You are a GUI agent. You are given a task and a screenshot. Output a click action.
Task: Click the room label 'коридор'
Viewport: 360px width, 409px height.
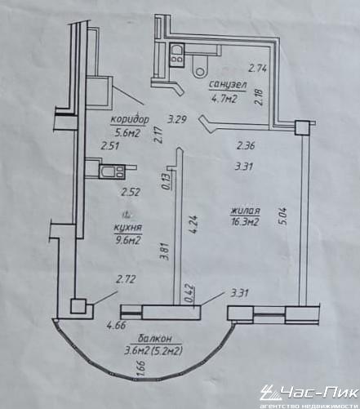[x=130, y=119]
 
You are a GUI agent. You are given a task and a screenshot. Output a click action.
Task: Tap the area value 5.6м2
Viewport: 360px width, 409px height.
[x=127, y=133]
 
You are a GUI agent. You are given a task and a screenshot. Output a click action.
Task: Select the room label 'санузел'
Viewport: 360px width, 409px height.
[x=228, y=85]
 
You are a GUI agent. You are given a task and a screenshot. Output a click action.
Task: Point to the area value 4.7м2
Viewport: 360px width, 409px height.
[x=224, y=98]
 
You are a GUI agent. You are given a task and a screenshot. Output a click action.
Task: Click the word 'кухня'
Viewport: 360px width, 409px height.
[x=128, y=228]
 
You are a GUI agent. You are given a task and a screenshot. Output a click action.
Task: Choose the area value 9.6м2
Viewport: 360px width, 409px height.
[x=127, y=241]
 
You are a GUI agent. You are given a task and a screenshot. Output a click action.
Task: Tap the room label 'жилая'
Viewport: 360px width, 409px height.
[x=246, y=211]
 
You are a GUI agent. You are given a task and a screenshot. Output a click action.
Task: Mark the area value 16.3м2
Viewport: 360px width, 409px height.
[x=244, y=222]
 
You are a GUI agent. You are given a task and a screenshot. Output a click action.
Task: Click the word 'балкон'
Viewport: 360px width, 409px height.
[x=155, y=338]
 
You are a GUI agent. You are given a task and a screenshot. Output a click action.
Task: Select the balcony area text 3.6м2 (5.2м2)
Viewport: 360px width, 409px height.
[x=153, y=351]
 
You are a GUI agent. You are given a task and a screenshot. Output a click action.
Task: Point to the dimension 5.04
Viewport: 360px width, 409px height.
[x=282, y=216]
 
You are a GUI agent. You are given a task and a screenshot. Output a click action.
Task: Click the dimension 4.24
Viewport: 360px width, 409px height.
[x=193, y=225]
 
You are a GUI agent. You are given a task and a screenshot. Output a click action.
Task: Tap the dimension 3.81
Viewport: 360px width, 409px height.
[x=165, y=251]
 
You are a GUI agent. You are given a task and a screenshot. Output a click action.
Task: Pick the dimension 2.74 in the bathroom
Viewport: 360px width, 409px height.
[x=257, y=68]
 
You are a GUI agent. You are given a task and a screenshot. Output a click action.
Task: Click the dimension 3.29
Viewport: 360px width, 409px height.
[x=177, y=119]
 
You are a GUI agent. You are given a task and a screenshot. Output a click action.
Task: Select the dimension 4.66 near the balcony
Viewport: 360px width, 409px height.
[x=117, y=325]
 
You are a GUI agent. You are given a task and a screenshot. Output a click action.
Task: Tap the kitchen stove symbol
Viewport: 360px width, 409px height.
[x=112, y=171]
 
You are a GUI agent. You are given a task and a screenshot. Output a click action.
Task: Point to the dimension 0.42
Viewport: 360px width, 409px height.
[x=189, y=293]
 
